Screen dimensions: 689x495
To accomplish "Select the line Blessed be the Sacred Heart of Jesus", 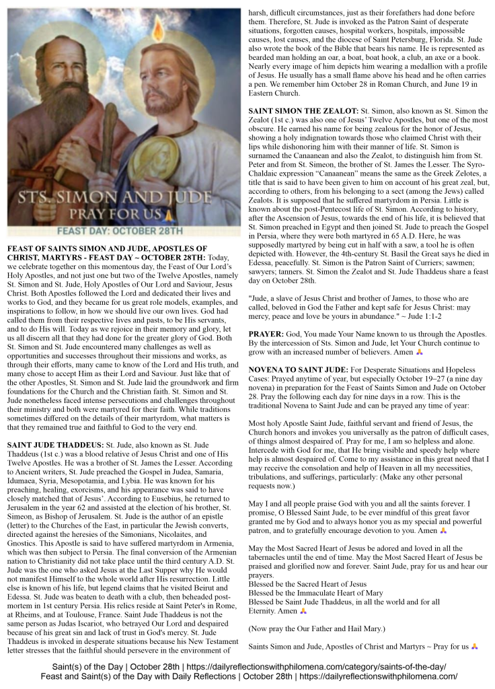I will (308, 585).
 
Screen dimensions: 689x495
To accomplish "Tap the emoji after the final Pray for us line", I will (475, 647).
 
